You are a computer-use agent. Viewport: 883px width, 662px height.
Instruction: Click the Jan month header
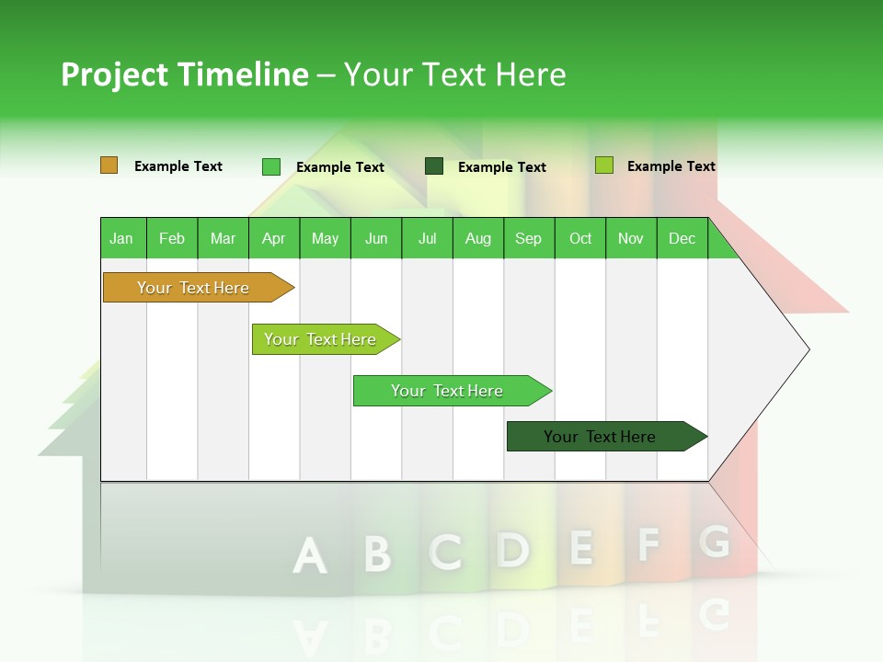[121, 239]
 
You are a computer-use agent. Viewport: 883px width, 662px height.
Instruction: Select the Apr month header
[273, 239]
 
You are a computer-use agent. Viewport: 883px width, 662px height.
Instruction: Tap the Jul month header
[427, 239]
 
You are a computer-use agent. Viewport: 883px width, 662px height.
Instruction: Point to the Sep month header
[528, 239]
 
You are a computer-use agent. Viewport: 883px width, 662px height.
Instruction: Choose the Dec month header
[682, 239]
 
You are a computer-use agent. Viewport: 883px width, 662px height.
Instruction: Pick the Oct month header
[579, 239]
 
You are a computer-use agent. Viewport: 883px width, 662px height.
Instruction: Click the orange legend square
[109, 165]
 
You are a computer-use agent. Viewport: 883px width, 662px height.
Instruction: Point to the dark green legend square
[434, 165]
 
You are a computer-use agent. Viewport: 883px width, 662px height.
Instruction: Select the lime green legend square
[603, 165]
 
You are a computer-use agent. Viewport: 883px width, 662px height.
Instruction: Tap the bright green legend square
[270, 166]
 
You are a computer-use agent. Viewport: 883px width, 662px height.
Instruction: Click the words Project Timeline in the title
[184, 74]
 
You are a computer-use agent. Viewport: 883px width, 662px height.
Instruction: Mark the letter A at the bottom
[309, 555]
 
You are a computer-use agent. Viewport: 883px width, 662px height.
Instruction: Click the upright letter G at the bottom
[714, 542]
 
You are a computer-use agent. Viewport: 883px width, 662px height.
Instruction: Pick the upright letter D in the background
[512, 549]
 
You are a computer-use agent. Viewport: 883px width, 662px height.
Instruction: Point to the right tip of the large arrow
[808, 349]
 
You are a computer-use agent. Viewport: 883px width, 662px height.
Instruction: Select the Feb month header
[172, 239]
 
